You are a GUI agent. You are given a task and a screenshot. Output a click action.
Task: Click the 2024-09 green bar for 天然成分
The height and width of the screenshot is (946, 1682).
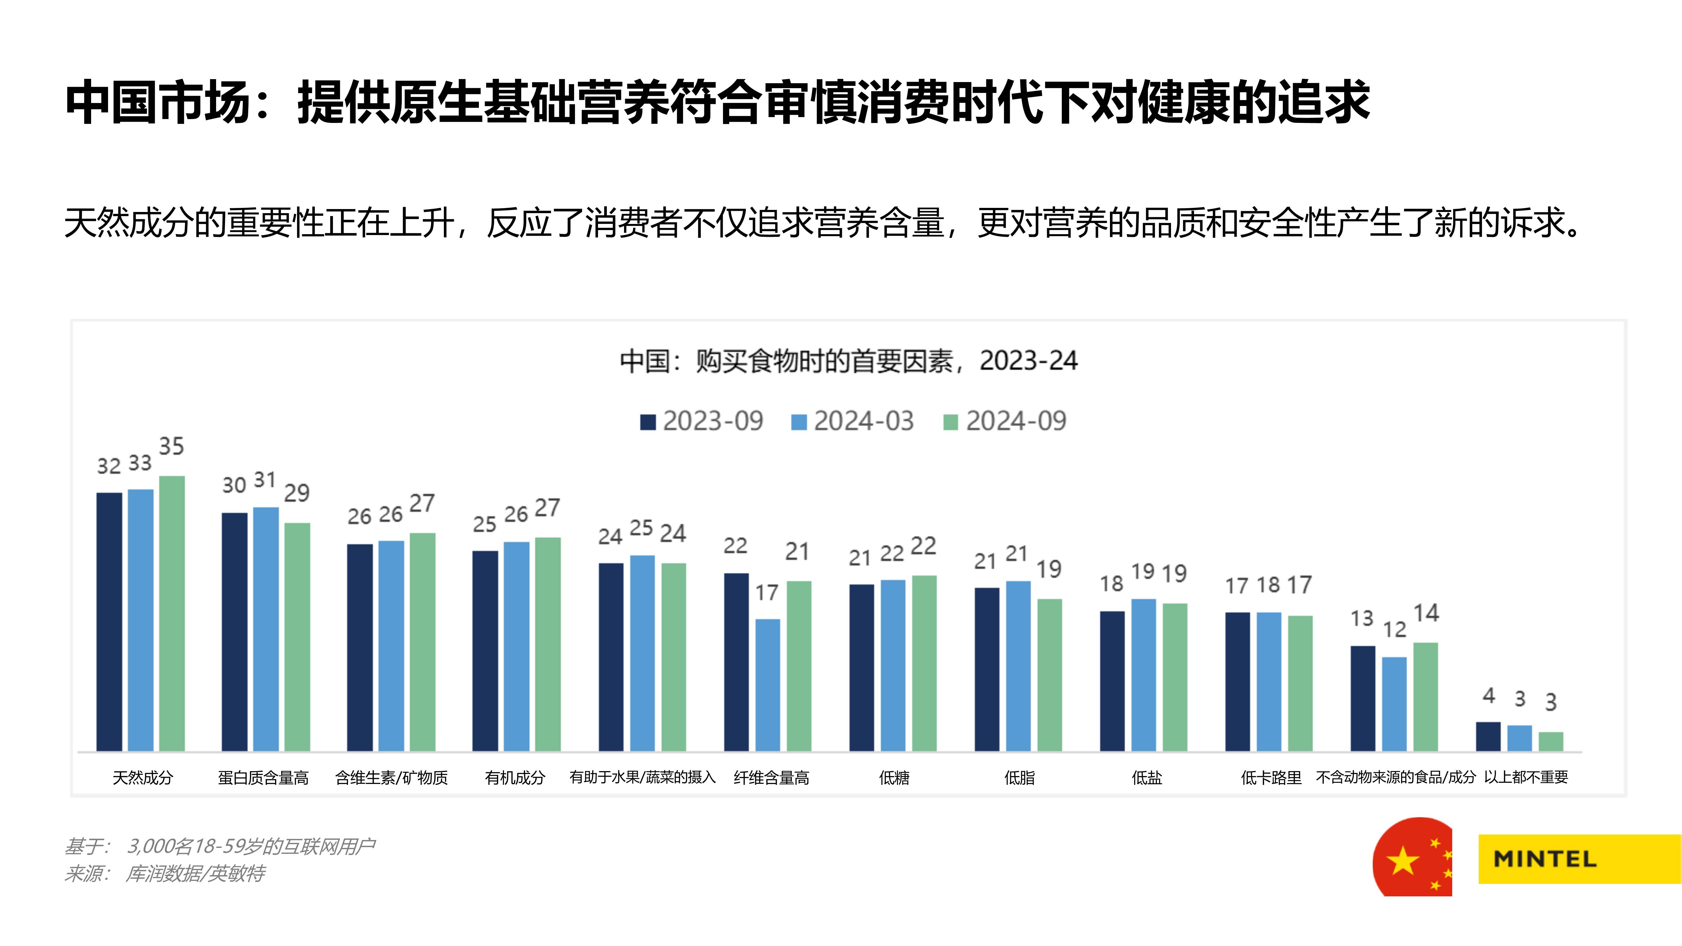[x=172, y=614]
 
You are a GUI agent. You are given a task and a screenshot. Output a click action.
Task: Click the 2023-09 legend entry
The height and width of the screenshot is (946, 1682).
[x=702, y=421]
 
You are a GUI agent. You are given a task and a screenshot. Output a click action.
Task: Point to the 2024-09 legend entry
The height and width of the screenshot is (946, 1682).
[x=1005, y=421]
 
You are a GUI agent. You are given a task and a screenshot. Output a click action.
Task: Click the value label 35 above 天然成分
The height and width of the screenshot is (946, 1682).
[x=172, y=446]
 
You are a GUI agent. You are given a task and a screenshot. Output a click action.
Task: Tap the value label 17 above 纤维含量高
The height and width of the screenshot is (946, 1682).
[x=767, y=593]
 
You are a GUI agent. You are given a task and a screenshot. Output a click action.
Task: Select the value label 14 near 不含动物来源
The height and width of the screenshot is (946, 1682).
[x=1426, y=613]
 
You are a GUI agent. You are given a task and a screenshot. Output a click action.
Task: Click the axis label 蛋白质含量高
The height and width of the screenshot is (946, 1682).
[x=263, y=778]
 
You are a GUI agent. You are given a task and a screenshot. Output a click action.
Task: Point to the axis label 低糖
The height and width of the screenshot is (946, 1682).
[x=894, y=778]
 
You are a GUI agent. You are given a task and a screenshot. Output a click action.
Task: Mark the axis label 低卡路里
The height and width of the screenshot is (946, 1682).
[x=1271, y=778]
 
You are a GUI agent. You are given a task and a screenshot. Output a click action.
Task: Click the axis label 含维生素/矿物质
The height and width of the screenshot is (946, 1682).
[x=391, y=778]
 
